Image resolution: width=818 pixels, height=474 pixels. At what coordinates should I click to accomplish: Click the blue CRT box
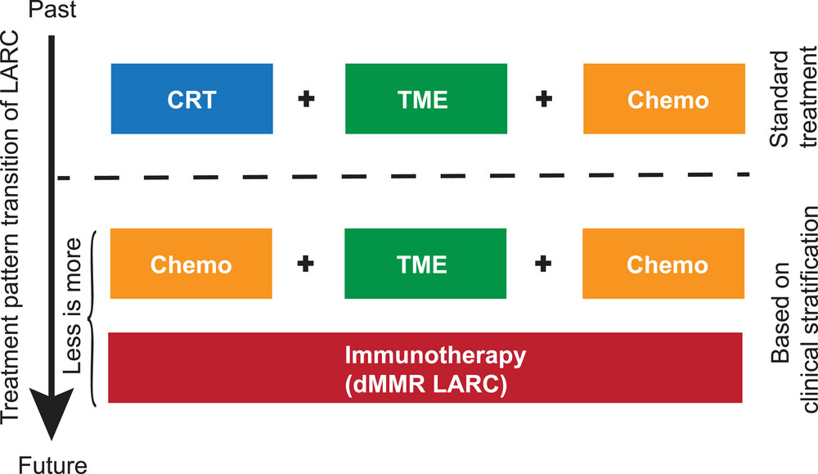[192, 99]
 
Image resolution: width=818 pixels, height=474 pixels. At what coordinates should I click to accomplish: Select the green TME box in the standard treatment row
[426, 99]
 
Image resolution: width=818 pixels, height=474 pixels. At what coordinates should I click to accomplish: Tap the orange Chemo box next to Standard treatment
[664, 99]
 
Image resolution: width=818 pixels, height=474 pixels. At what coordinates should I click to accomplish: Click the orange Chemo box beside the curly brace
[191, 264]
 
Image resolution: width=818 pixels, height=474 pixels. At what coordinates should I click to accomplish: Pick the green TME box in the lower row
[425, 264]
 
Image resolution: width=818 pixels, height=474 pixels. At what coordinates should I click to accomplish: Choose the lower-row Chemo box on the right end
[663, 264]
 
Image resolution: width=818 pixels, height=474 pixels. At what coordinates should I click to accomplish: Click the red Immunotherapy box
[425, 368]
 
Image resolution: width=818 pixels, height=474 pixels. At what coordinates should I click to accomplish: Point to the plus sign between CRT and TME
[306, 99]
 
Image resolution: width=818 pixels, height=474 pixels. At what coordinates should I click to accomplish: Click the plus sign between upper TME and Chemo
[544, 99]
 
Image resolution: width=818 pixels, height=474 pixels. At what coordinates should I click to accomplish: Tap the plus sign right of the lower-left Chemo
[306, 264]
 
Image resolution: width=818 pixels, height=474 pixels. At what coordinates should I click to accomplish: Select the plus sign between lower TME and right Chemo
[543, 264]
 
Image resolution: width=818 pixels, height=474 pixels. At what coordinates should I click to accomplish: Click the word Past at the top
[52, 9]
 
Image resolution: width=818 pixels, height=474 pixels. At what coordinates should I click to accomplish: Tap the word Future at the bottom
[52, 464]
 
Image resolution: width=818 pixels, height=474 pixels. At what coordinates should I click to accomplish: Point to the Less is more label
[73, 306]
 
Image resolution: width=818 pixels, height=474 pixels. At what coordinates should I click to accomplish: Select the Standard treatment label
[793, 99]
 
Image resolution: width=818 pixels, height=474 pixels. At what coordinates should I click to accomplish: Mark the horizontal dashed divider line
[403, 177]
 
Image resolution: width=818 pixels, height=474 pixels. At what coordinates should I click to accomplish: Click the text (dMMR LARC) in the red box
[425, 386]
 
